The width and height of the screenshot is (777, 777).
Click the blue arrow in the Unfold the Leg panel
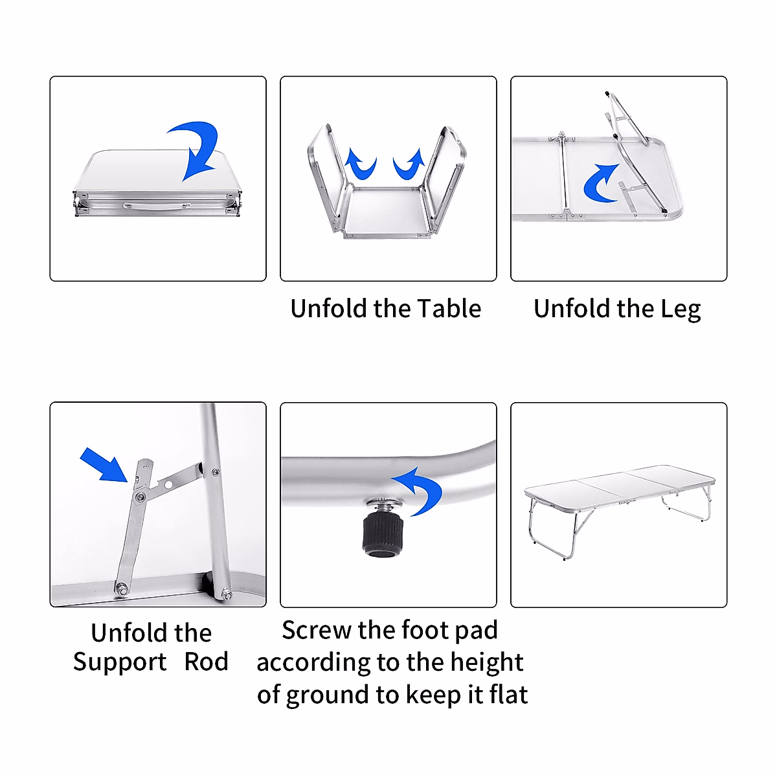coord(601,183)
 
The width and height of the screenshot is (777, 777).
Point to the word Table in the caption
coord(449,309)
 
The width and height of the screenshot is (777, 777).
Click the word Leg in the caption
coord(681,310)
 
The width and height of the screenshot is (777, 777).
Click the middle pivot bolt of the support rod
coord(139,497)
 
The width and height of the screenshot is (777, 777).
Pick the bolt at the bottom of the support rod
coord(121,589)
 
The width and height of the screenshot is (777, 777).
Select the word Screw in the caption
coord(316,630)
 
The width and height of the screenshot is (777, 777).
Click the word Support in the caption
coord(120,662)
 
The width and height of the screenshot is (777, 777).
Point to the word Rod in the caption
coord(206,662)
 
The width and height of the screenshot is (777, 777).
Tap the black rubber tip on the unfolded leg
coord(664,210)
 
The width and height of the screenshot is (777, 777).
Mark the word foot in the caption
coord(422,630)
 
